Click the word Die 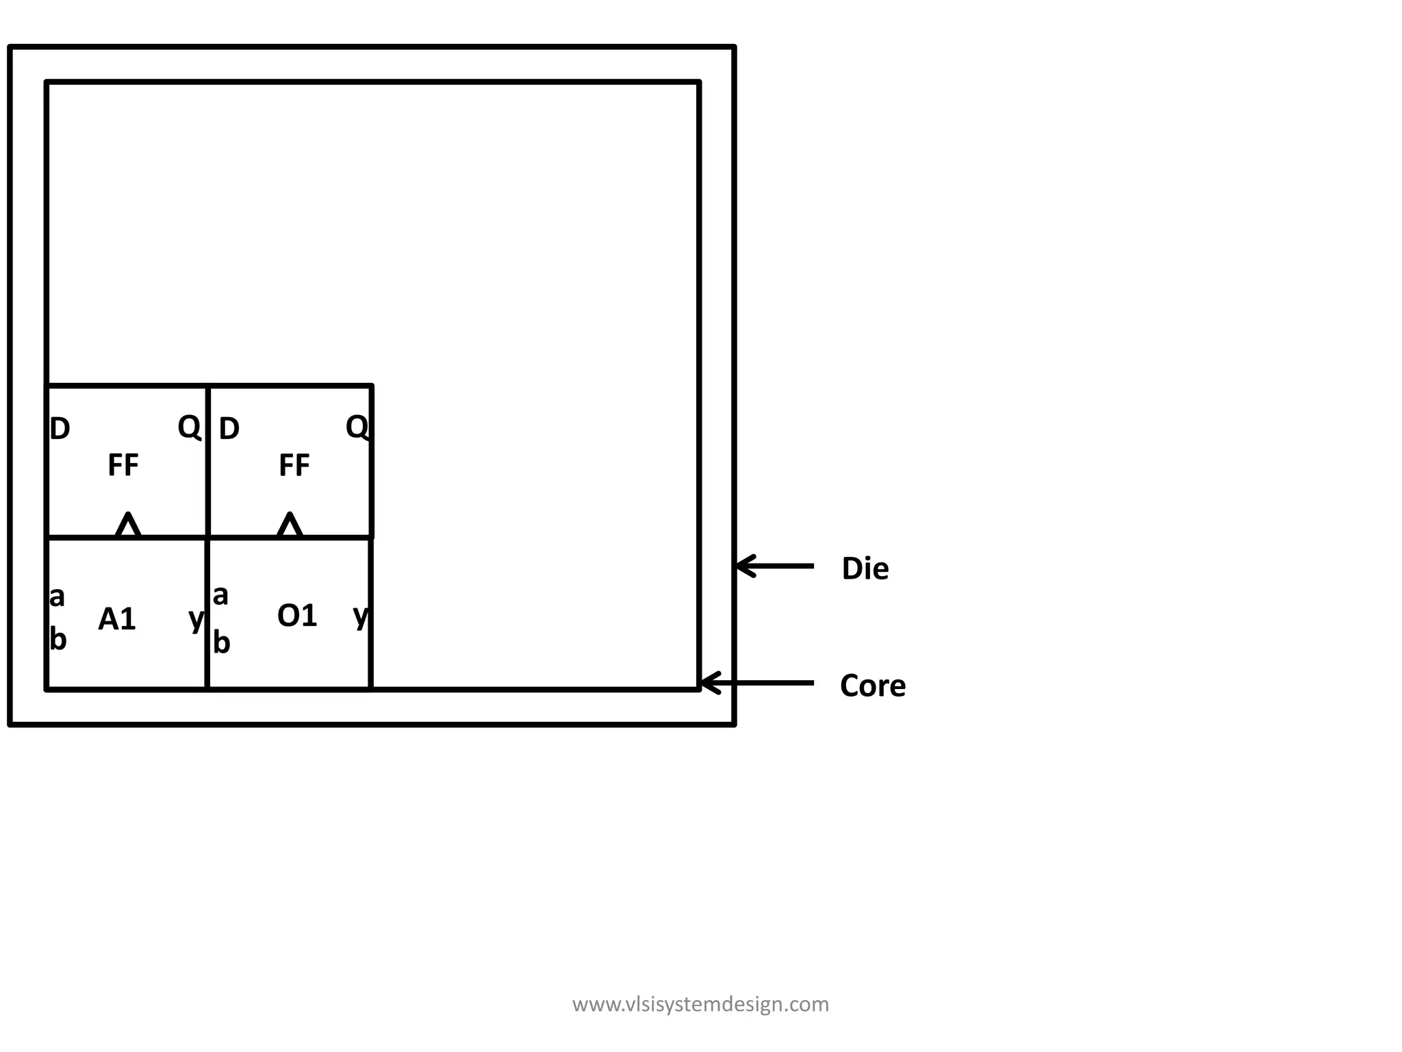click(865, 568)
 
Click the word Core click(872, 686)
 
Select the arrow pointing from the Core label click(757, 683)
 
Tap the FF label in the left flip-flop click(123, 465)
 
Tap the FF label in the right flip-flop click(294, 465)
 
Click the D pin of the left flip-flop click(60, 429)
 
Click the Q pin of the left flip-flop click(189, 427)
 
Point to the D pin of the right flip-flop click(229, 429)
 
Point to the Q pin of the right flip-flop click(357, 427)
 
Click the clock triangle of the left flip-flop click(128, 525)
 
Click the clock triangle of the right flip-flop click(290, 525)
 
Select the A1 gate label click(117, 619)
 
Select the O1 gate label click(297, 616)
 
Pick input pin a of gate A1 click(58, 597)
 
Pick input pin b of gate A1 click(58, 640)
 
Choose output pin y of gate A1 click(196, 619)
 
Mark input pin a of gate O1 click(220, 596)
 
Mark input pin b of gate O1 click(222, 642)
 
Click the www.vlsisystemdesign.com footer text click(700, 1004)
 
